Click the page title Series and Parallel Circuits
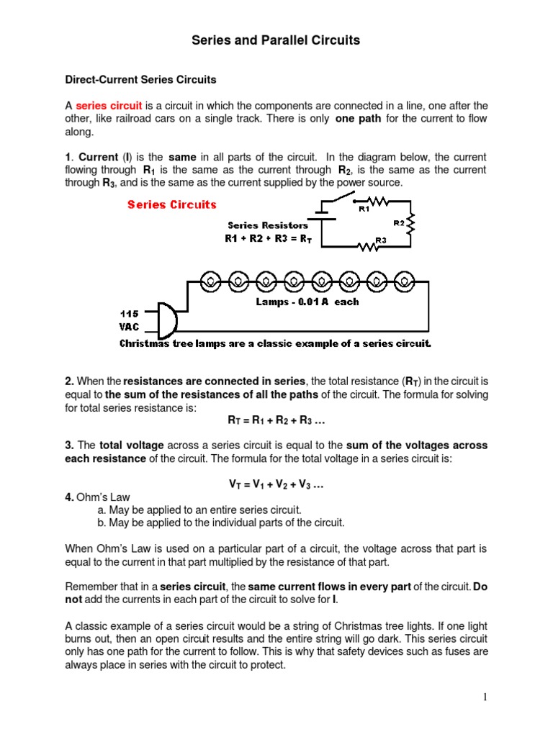tap(276, 40)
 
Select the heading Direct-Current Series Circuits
tap(140, 79)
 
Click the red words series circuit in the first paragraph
tap(109, 106)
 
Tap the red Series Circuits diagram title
tap(172, 204)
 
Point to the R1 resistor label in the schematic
tap(364, 209)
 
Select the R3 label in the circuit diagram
tap(382, 240)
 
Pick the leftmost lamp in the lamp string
tap(210, 279)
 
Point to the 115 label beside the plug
tap(130, 314)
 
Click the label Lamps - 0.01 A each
tap(307, 302)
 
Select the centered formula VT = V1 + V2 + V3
tap(276, 484)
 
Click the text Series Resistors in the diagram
tap(268, 225)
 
